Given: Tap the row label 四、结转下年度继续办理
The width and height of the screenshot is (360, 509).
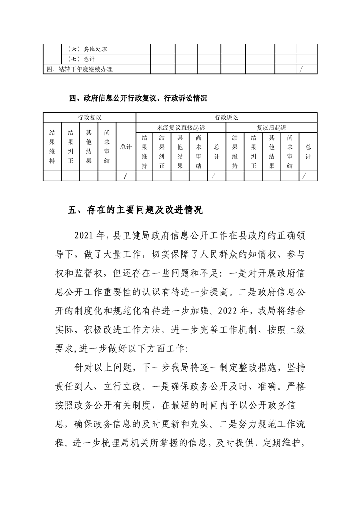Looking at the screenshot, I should (x=79, y=69).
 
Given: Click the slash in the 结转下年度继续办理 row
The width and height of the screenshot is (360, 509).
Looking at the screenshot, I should (x=301, y=69).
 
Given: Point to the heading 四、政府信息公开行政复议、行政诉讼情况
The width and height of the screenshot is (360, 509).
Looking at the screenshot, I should (x=138, y=98).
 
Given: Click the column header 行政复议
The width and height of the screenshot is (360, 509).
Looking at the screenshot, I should (x=89, y=117).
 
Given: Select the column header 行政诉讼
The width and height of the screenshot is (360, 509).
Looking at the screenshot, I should (x=226, y=117).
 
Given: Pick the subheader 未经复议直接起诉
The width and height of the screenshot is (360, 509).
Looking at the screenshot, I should (x=181, y=127).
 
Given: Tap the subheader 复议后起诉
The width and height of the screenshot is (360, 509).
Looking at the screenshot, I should (x=271, y=127).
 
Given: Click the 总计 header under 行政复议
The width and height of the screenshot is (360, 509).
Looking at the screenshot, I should (x=126, y=147).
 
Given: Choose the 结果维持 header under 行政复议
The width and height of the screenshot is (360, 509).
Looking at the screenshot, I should (x=52, y=147).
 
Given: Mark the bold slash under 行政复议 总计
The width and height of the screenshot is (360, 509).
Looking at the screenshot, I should (x=125, y=176).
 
